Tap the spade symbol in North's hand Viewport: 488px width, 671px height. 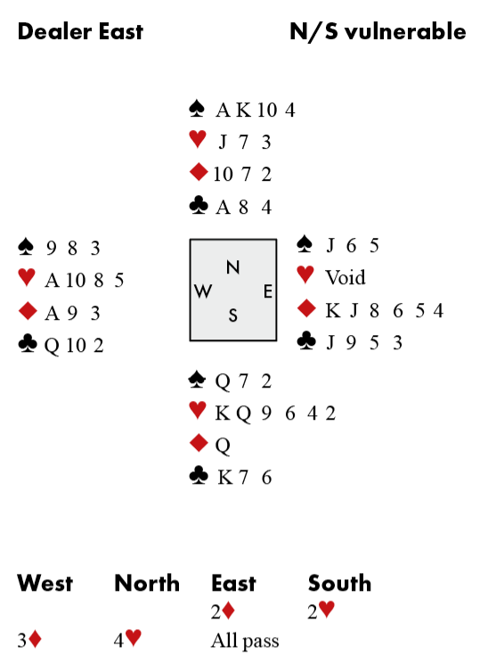pos(197,109)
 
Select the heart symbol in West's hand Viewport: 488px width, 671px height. pos(27,277)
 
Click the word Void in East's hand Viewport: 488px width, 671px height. pos(346,277)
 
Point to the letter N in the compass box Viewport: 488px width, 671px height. pos(232,267)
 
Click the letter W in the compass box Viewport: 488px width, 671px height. pos(203,291)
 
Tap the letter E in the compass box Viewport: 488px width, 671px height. pos(268,291)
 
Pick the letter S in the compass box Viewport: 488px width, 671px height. pos(232,315)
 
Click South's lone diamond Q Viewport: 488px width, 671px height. pos(223,446)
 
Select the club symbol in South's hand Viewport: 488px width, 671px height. pos(199,476)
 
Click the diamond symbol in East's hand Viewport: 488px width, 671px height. pos(306,308)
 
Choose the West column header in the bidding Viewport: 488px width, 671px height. pos(45,583)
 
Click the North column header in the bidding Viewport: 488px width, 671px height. pos(147,583)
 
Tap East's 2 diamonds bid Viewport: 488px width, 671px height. pos(223,611)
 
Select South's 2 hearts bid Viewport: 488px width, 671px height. pos(321,610)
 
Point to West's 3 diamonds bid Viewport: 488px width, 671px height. pos(29,640)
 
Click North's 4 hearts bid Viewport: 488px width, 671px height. pos(127,639)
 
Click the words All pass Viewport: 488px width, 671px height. pos(245,641)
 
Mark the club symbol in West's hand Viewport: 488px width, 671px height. pos(28,344)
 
